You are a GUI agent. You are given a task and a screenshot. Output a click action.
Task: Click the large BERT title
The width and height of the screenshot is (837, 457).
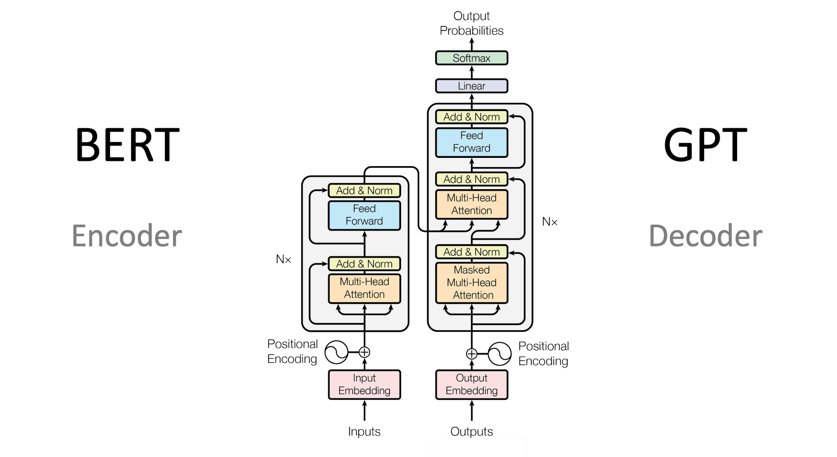pyautogui.click(x=127, y=145)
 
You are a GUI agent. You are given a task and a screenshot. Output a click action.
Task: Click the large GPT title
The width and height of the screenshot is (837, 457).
pyautogui.click(x=705, y=145)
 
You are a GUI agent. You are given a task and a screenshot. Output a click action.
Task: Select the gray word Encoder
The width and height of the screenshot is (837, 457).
pyautogui.click(x=126, y=236)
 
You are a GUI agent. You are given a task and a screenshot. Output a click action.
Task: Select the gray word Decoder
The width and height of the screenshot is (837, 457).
pyautogui.click(x=705, y=236)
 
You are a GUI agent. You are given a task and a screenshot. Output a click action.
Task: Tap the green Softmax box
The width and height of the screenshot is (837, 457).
pyautogui.click(x=471, y=58)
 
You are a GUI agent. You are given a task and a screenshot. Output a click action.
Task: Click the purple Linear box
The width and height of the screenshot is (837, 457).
pyautogui.click(x=471, y=86)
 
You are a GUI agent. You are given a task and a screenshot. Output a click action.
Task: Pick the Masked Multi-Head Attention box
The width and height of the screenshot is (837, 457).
pyautogui.click(x=471, y=283)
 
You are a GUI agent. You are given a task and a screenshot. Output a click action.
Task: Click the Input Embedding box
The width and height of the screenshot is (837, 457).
pyautogui.click(x=364, y=384)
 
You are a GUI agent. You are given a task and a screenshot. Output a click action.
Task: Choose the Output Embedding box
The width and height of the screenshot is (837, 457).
pyautogui.click(x=471, y=384)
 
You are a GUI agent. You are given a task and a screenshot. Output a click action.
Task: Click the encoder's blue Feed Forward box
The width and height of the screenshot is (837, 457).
pyautogui.click(x=364, y=215)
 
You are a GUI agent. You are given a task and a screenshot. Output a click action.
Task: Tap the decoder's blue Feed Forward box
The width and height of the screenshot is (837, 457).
pyautogui.click(x=471, y=142)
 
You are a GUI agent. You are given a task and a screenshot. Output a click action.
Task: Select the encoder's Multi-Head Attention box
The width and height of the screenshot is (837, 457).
pyautogui.click(x=364, y=288)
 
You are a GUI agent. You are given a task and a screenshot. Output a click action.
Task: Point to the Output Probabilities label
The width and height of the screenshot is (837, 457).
pyautogui.click(x=471, y=23)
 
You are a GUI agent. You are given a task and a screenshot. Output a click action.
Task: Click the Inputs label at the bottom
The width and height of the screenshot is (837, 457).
pyautogui.click(x=364, y=431)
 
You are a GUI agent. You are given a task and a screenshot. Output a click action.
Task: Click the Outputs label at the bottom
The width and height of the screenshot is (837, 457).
pyautogui.click(x=471, y=431)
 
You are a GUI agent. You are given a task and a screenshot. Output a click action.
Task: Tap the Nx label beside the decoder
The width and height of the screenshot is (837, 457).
pyautogui.click(x=549, y=222)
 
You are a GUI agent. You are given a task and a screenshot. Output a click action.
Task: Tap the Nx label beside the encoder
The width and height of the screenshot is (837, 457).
pyautogui.click(x=283, y=259)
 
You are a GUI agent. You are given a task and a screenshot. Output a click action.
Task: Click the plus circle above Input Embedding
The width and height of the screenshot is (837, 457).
pyautogui.click(x=364, y=352)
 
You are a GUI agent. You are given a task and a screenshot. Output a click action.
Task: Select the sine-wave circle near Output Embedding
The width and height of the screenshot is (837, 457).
pyautogui.click(x=499, y=354)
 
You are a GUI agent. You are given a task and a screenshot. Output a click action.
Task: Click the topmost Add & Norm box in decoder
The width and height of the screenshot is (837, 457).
pyautogui.click(x=471, y=117)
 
